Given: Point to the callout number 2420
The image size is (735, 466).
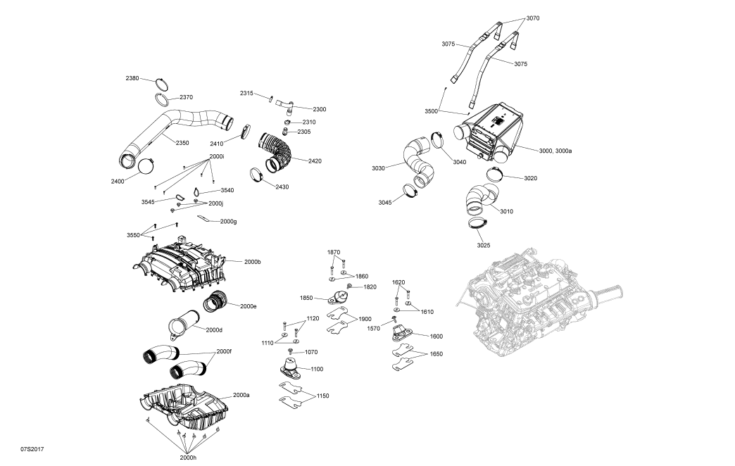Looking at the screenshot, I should (x=315, y=161).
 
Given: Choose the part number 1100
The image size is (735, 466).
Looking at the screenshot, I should (x=316, y=369).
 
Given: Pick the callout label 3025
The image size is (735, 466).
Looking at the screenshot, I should (x=484, y=245).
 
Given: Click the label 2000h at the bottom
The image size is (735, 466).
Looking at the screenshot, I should (x=188, y=458).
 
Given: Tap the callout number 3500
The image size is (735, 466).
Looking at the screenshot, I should (x=431, y=111).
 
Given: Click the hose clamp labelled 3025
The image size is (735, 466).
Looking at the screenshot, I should (x=479, y=225).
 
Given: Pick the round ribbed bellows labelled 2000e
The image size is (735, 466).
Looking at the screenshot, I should (x=215, y=303).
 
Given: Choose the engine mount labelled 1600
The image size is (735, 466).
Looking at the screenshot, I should (x=404, y=332).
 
